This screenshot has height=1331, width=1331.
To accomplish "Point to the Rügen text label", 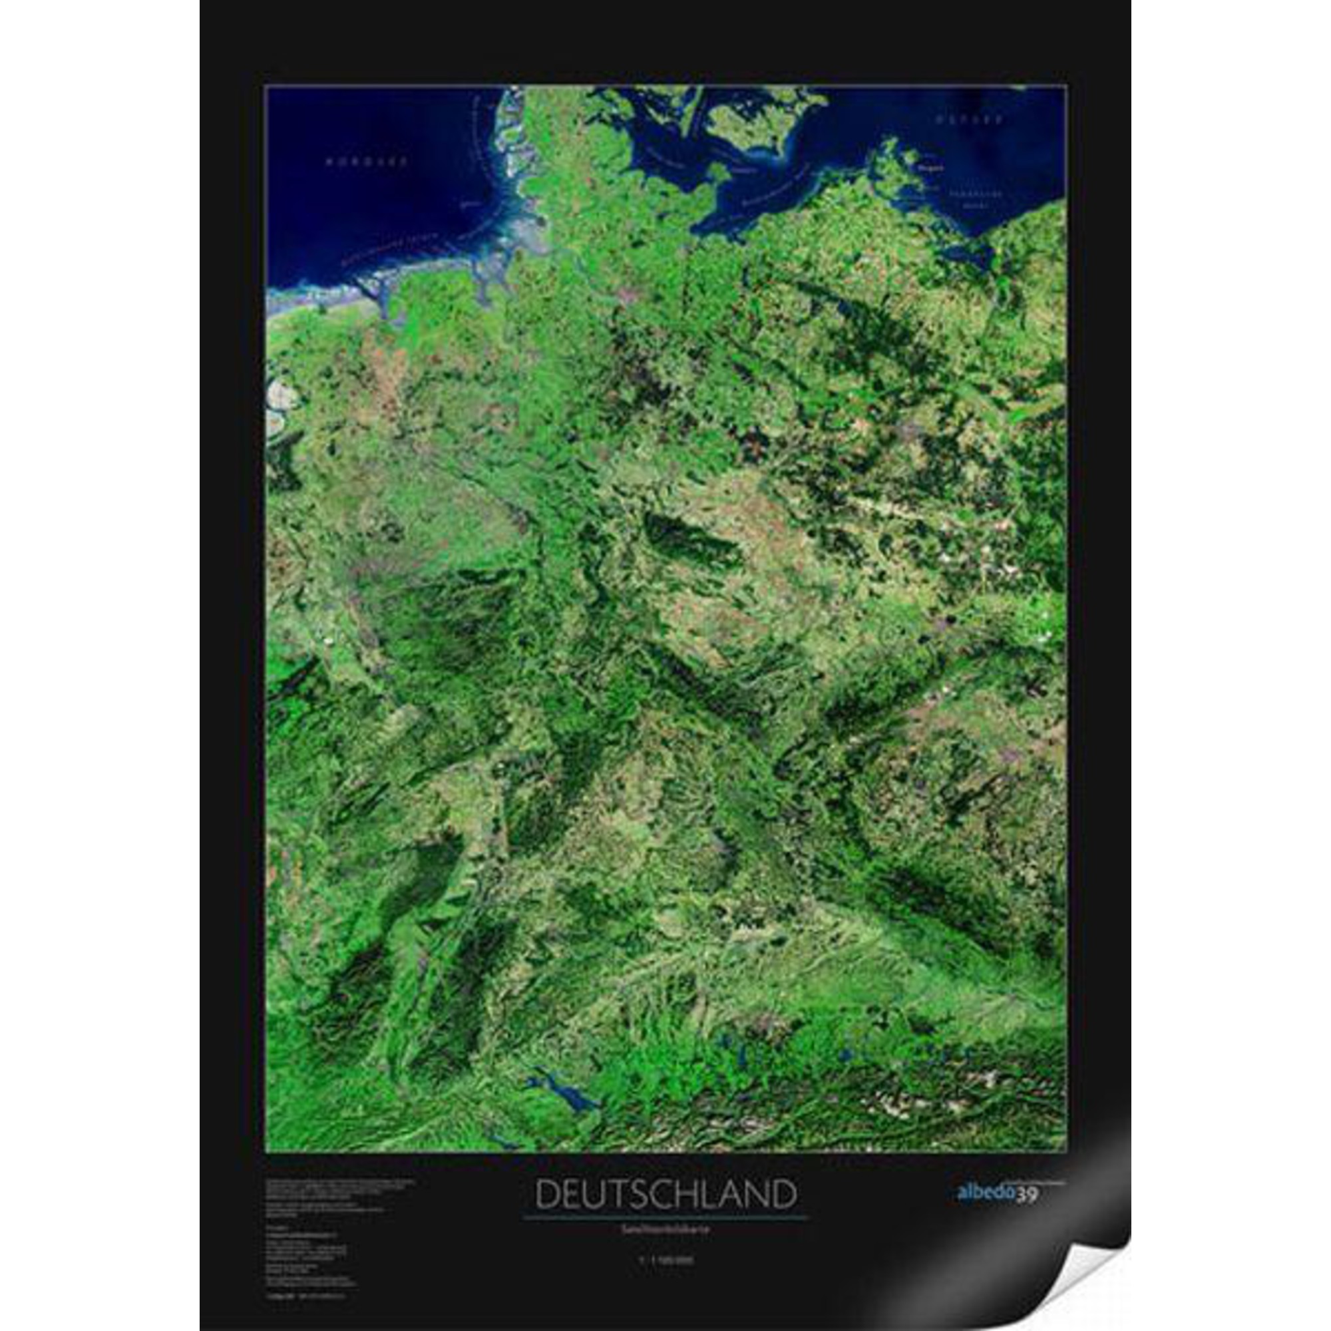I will tap(932, 166).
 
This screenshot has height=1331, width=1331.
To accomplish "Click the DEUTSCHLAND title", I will tap(665, 1195).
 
